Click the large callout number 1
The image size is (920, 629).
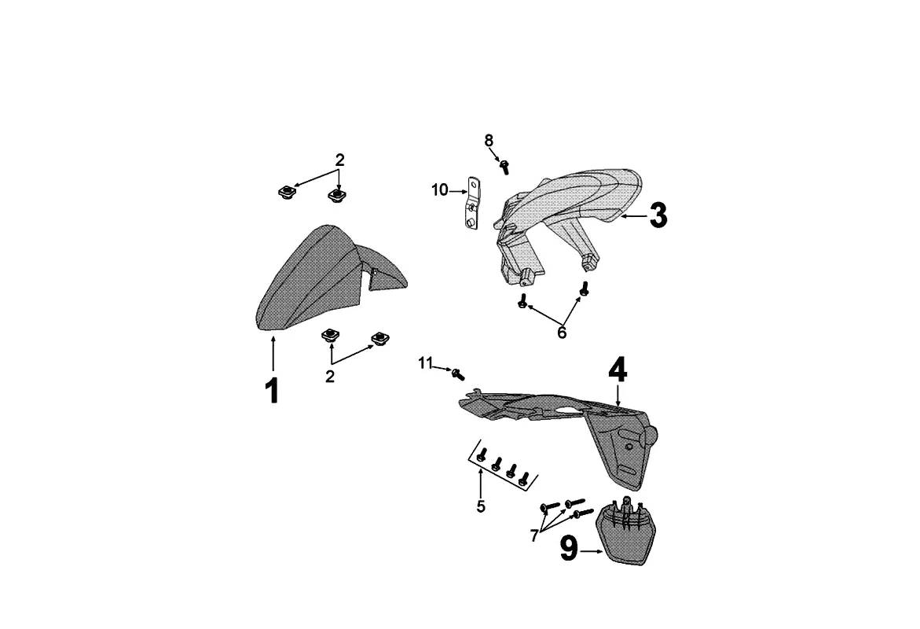[x=272, y=391]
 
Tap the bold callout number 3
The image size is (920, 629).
[x=658, y=215]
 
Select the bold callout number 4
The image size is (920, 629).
[x=618, y=370]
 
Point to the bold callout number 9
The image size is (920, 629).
[x=569, y=549]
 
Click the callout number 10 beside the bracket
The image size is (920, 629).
[x=439, y=190]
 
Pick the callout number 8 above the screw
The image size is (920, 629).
[x=489, y=141]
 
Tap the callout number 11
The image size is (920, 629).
[x=425, y=362]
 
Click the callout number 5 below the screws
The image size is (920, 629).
[x=481, y=507]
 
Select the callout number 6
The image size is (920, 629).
[x=562, y=333]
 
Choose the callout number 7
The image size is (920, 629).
[x=534, y=535]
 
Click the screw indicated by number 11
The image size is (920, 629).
[x=459, y=372]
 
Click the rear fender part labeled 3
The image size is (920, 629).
[x=566, y=212]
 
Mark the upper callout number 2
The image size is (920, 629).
[x=339, y=160]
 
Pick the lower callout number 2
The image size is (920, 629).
[x=330, y=377]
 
